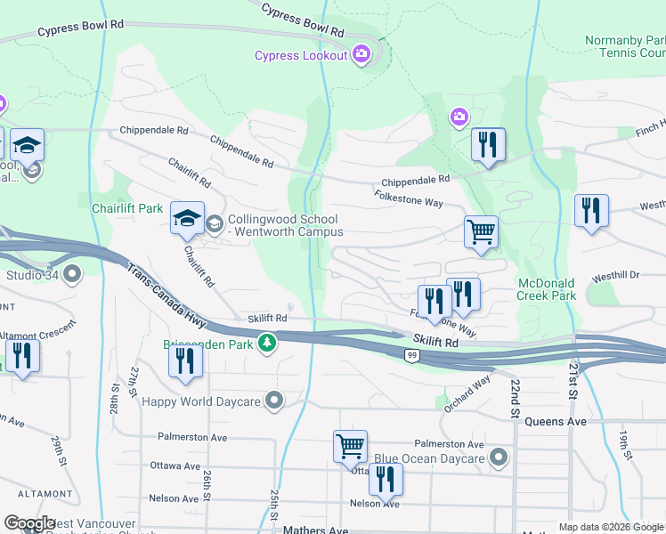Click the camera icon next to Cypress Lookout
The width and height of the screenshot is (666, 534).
click(361, 55)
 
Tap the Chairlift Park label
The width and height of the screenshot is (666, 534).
click(127, 208)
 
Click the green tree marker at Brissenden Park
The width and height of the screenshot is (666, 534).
click(266, 343)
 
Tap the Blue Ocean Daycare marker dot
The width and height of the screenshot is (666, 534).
click(499, 459)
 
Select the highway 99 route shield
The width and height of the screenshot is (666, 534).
click(411, 356)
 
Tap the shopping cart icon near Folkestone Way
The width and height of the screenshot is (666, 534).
click(480, 233)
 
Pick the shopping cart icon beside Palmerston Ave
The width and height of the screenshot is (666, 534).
click(350, 447)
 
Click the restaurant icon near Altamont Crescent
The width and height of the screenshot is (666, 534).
click(22, 356)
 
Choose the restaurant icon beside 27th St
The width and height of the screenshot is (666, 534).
click(185, 360)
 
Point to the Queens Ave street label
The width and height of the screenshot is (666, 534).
click(556, 421)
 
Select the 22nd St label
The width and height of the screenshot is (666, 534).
click(515, 397)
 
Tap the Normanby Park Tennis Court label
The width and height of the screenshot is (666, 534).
click(624, 46)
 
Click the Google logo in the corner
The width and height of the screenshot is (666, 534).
click(28, 523)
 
